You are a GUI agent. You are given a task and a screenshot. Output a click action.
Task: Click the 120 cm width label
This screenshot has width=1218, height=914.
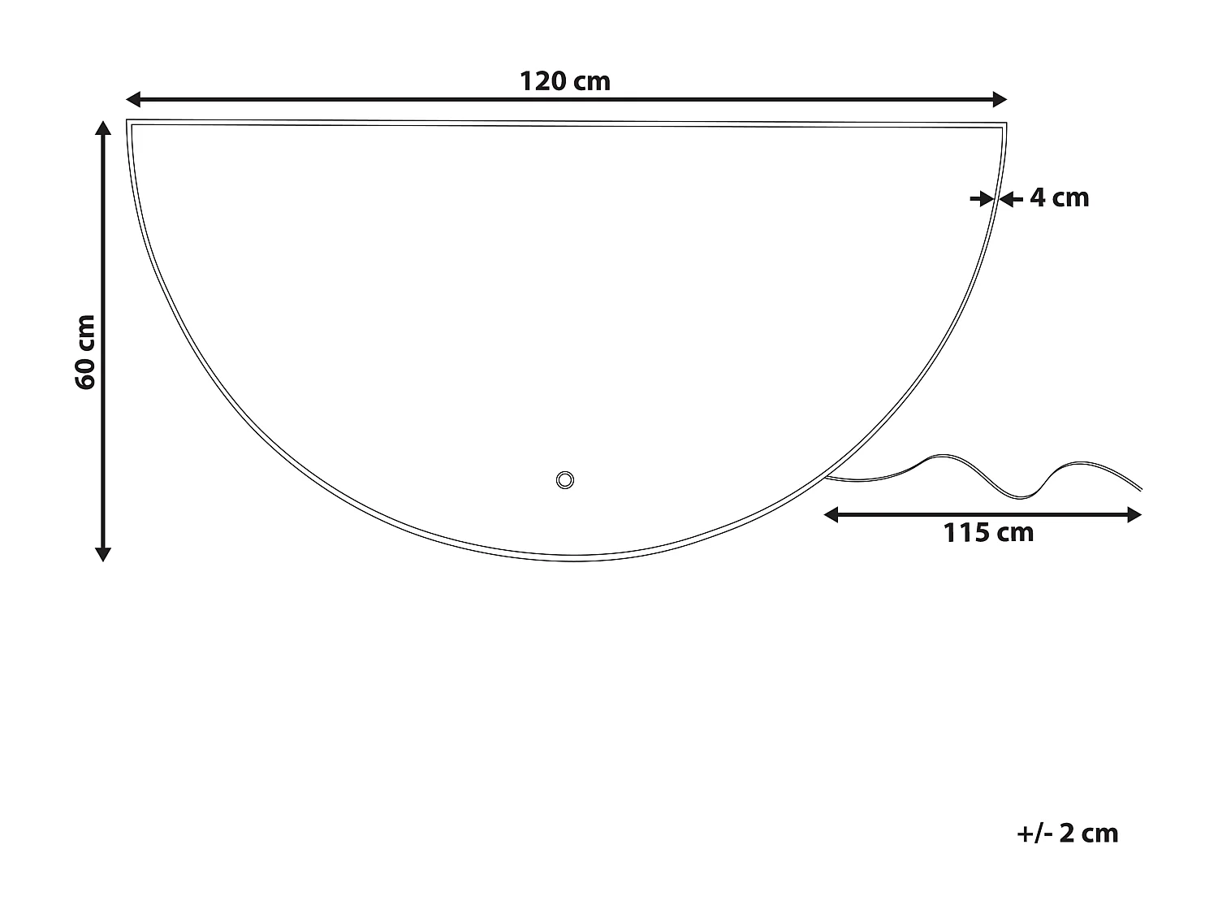tap(564, 81)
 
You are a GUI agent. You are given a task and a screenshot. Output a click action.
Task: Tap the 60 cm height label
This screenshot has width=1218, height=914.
tap(85, 352)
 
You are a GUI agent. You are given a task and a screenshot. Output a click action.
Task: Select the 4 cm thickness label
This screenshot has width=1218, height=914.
tap(1059, 197)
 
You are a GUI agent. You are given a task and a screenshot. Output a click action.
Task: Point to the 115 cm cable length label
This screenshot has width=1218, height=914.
tap(988, 533)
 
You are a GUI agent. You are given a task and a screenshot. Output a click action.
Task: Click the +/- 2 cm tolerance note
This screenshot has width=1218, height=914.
tap(1067, 833)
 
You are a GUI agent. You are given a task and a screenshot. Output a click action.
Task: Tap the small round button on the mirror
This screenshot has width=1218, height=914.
tap(565, 479)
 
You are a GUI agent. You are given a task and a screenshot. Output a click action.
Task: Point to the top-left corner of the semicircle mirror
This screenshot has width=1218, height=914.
tap(128, 121)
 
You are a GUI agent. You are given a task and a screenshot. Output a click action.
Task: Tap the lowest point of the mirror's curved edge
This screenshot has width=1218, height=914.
tap(567, 560)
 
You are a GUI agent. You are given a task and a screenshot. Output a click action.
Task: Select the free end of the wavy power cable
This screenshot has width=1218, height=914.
tap(1141, 489)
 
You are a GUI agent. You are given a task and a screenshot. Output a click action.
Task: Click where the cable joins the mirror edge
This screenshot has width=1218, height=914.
tap(827, 477)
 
